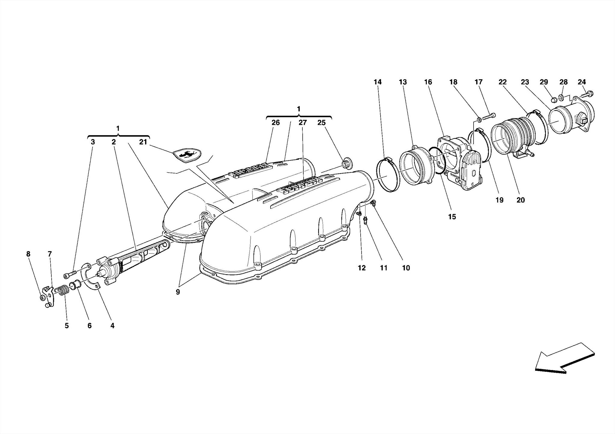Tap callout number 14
tap(377, 82)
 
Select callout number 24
tap(582, 82)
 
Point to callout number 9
tap(178, 292)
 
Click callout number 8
tap(28, 254)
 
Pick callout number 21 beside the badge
tap(143, 142)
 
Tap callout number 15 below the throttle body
tap(452, 217)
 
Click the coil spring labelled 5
tap(62, 290)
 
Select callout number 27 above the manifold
tap(302, 122)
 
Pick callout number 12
tap(362, 268)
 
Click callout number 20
tap(520, 200)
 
